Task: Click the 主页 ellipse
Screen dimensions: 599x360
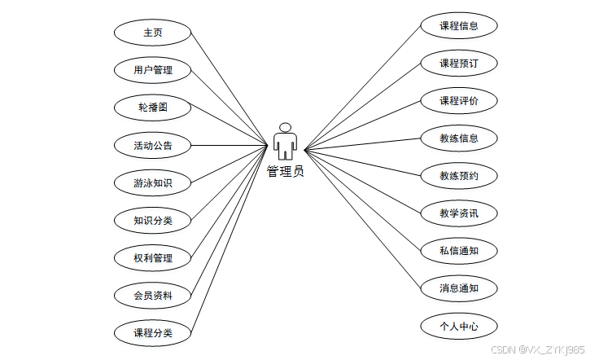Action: (153, 33)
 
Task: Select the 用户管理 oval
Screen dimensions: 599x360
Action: (153, 70)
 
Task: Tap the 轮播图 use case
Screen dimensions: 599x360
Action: (153, 108)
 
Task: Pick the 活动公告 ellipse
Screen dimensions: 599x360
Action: (153, 146)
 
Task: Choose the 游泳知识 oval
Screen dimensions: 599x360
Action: (153, 182)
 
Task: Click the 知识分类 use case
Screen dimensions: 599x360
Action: (153, 220)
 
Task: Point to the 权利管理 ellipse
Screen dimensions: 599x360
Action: (153, 258)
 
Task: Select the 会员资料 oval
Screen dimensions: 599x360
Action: (153, 295)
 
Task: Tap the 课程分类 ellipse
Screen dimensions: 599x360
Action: (153, 332)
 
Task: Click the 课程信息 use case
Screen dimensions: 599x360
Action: (459, 25)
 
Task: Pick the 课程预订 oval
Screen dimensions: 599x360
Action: (459, 63)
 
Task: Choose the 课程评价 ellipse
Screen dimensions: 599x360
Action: (459, 101)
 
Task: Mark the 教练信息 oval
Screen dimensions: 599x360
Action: (459, 138)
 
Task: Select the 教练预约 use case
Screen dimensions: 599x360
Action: (459, 175)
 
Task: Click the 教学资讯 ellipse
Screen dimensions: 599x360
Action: (459, 213)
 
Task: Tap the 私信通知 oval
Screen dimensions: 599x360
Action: (459, 250)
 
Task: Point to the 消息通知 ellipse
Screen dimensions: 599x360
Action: (459, 288)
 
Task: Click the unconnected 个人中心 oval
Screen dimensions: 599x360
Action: (459, 327)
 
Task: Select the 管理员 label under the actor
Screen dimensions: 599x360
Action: (285, 172)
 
